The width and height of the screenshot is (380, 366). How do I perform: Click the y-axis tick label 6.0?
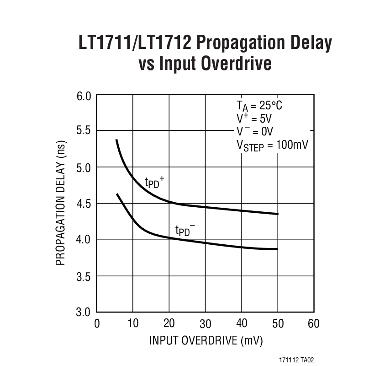click(x=84, y=97)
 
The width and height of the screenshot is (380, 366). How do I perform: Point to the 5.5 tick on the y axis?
click(x=84, y=131)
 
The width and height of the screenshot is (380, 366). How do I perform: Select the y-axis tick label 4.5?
click(x=84, y=204)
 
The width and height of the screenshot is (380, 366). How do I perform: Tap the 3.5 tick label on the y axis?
click(x=84, y=276)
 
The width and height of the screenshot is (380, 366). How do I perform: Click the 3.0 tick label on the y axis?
click(x=84, y=312)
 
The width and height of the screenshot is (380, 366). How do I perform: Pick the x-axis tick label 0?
click(x=97, y=324)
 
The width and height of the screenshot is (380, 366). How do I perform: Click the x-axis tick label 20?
click(x=169, y=324)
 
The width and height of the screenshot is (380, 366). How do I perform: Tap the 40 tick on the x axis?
click(x=241, y=324)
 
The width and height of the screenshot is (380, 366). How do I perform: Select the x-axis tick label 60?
click(x=313, y=324)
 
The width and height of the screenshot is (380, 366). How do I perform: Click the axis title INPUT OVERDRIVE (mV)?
click(x=206, y=341)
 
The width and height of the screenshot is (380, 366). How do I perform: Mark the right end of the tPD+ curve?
click(x=277, y=214)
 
